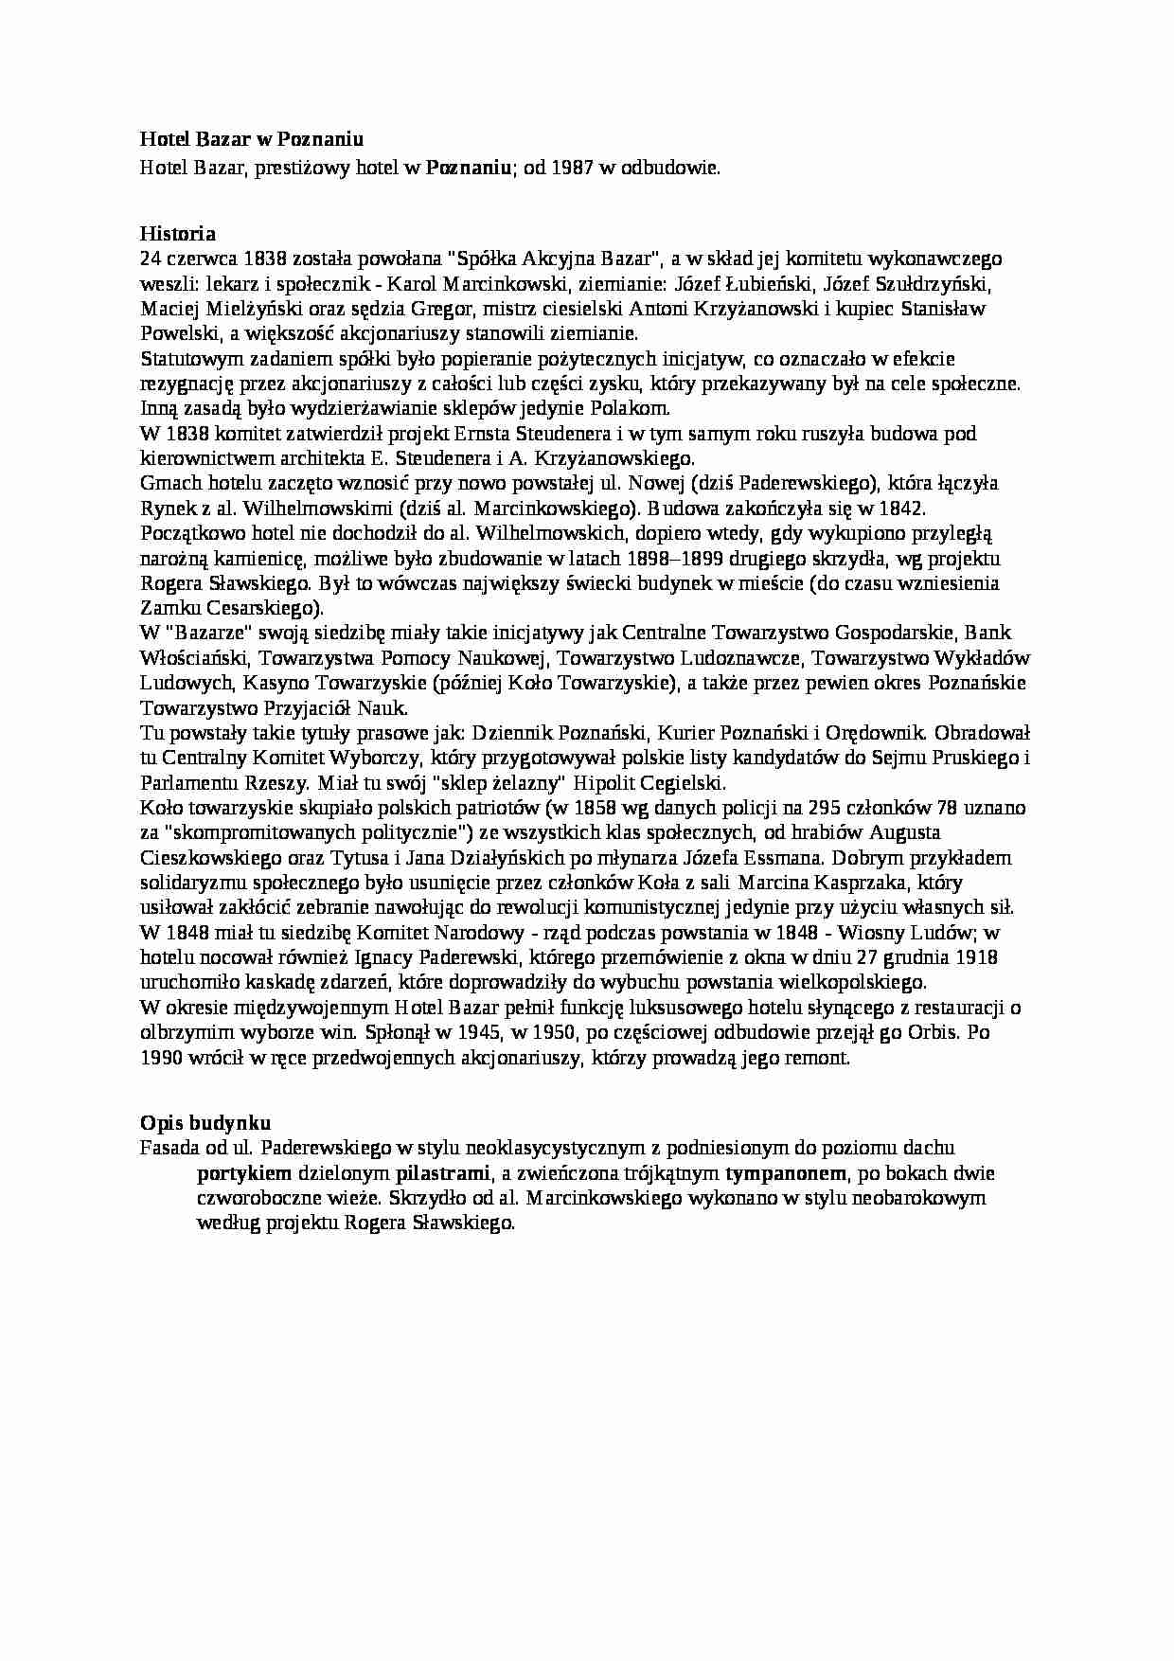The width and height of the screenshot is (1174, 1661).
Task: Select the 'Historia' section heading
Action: click(x=178, y=234)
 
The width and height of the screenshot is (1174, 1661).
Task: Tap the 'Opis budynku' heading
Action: click(x=205, y=1123)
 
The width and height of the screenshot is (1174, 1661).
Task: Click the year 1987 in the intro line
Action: click(x=573, y=168)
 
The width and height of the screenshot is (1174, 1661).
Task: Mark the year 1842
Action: click(x=900, y=509)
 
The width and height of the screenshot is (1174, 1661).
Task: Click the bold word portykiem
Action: click(x=243, y=1173)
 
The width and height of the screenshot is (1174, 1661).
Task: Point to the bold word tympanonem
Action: click(x=784, y=1173)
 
